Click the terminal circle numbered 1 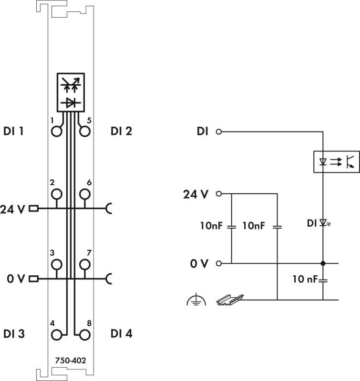[57, 131]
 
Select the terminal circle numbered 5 [85, 131]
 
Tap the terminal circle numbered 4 [57, 335]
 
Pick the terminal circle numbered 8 [85, 335]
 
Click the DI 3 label [14, 334]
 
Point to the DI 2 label [122, 131]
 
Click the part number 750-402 [71, 361]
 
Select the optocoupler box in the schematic [337, 162]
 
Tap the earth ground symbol [196, 300]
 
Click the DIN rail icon [230, 300]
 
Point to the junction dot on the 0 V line [323, 263]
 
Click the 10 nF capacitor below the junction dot [323, 281]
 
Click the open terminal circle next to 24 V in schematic [219, 194]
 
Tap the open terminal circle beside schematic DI [219, 132]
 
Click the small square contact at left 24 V [33, 209]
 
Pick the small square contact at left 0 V [33, 279]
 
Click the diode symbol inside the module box [71, 103]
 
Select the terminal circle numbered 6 [85, 194]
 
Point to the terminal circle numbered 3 [57, 265]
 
